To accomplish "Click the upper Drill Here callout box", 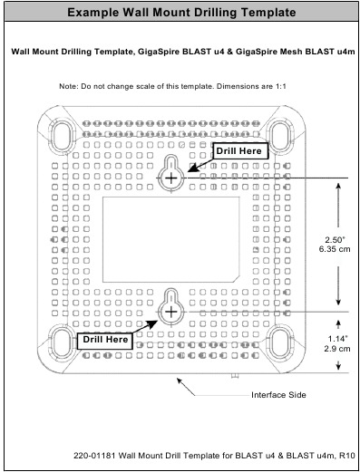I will (x=239, y=151).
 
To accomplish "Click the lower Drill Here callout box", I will (x=104, y=339).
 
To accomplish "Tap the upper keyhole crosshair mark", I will (x=172, y=178).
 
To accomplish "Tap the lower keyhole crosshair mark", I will (x=170, y=313).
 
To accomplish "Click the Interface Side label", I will (x=277, y=395).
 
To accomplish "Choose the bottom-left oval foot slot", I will (x=61, y=342).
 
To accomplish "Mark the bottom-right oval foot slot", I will (x=282, y=342).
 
